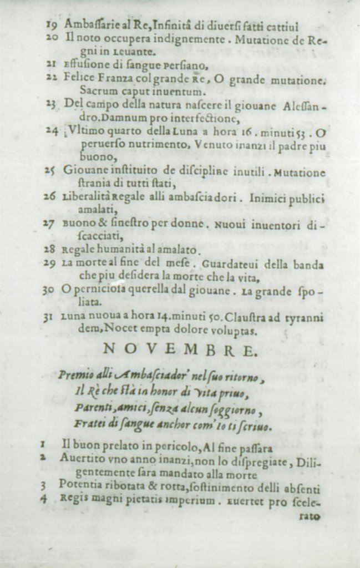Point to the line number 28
(51, 250)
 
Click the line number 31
(51, 318)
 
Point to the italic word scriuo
(256, 426)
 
